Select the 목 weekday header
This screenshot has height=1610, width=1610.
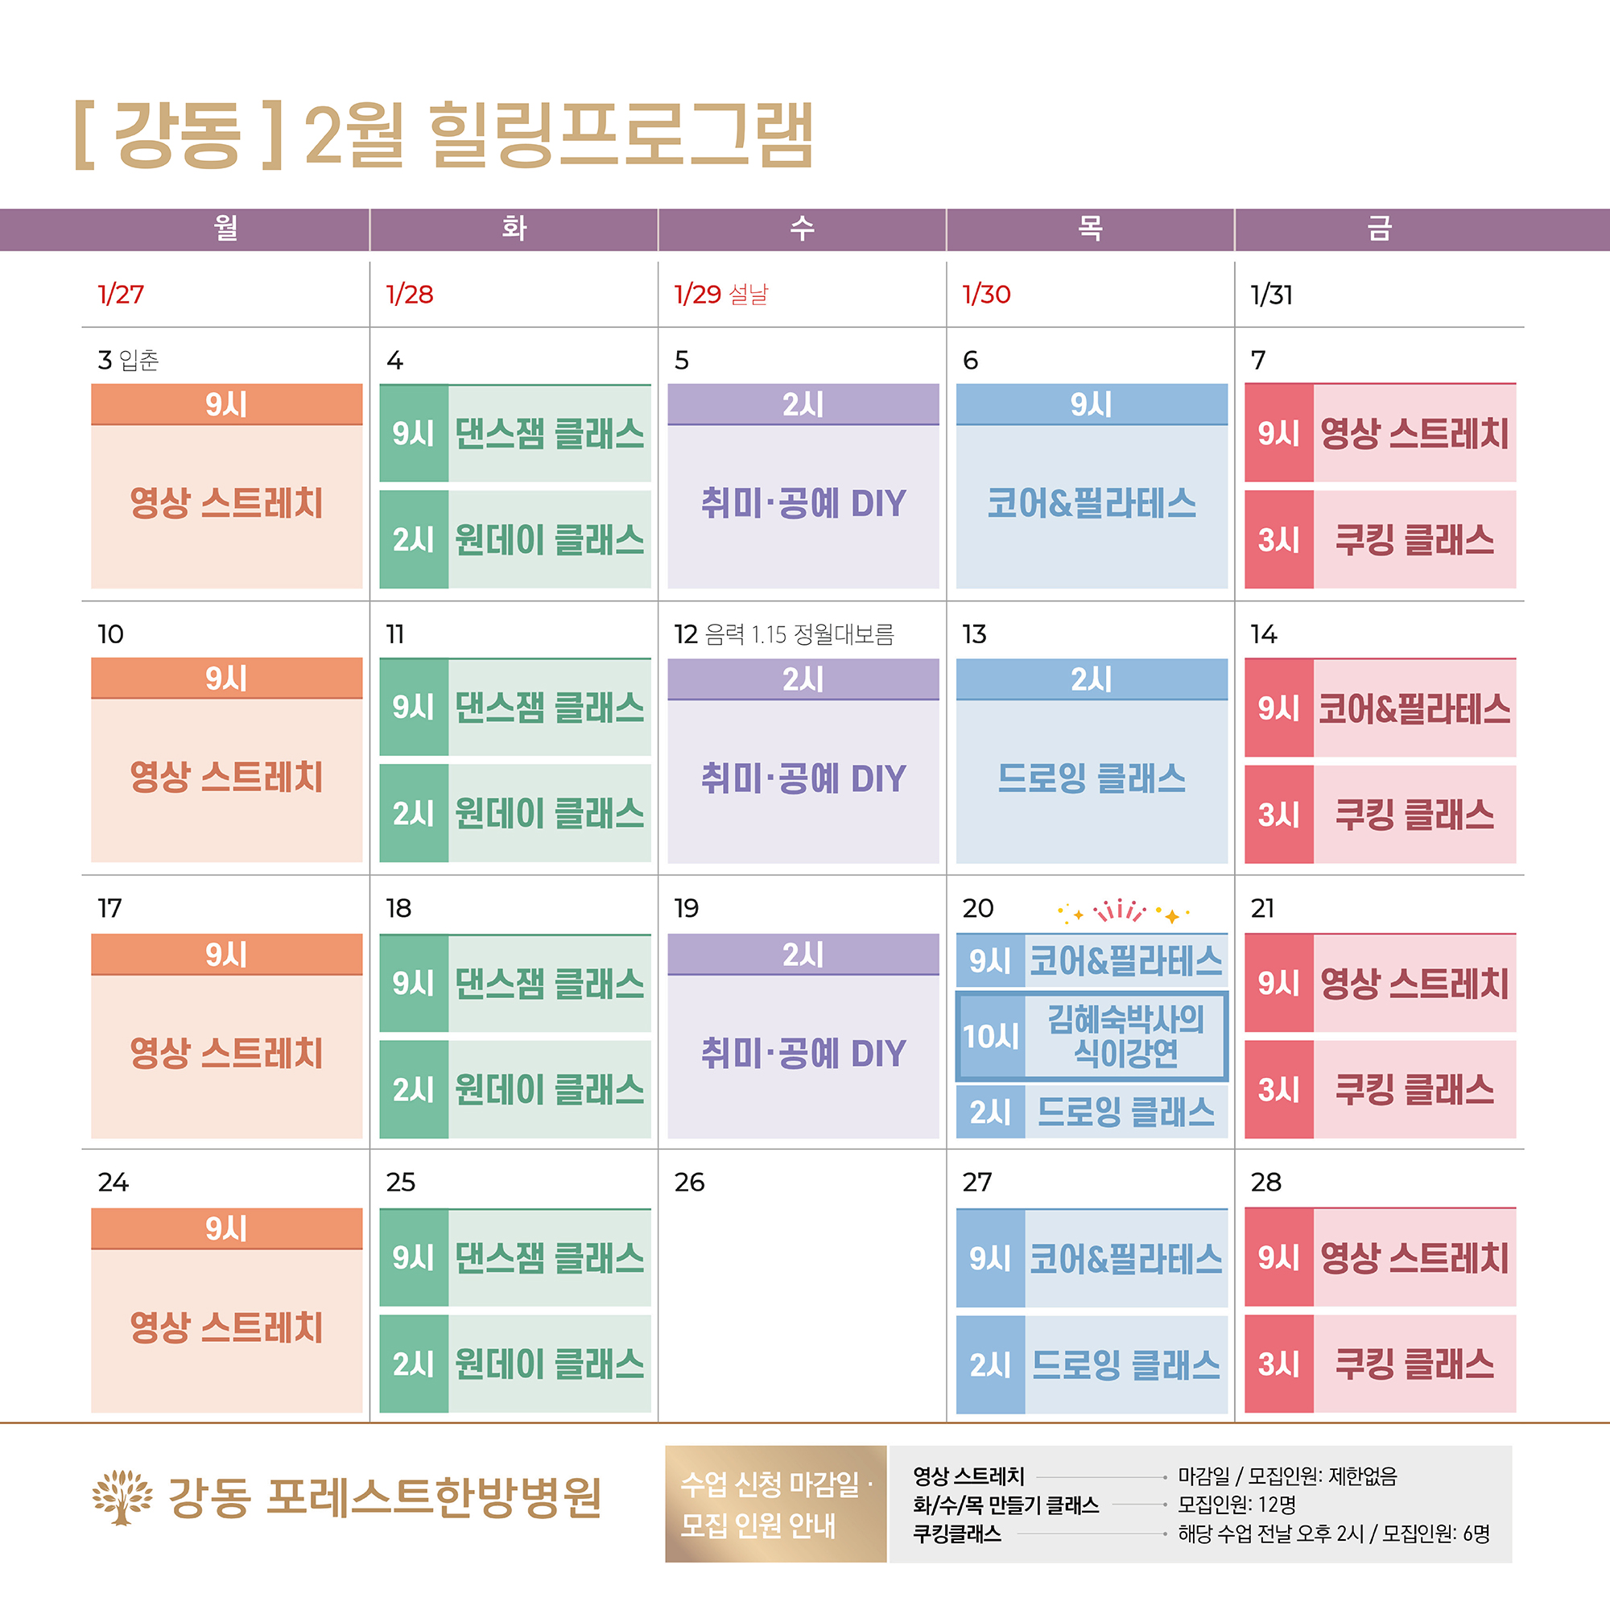tap(1090, 229)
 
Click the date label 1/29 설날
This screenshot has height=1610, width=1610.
tap(720, 294)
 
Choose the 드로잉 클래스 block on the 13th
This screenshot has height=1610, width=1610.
tap(1092, 778)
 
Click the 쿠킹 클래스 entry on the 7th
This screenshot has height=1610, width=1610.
tap(1414, 540)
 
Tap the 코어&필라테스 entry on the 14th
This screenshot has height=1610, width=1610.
tap(1414, 708)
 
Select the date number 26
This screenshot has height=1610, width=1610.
tap(689, 1182)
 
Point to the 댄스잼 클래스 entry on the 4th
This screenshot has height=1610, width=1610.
tap(548, 433)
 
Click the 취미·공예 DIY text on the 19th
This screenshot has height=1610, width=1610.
tap(803, 1055)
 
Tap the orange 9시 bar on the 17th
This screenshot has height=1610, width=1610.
tap(227, 954)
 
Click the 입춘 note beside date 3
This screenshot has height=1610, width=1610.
tap(139, 360)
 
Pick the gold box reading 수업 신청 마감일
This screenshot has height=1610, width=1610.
tap(775, 1505)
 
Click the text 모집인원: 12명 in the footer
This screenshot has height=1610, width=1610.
tap(1236, 1505)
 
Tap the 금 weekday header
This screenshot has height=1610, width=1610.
tap(1379, 229)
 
